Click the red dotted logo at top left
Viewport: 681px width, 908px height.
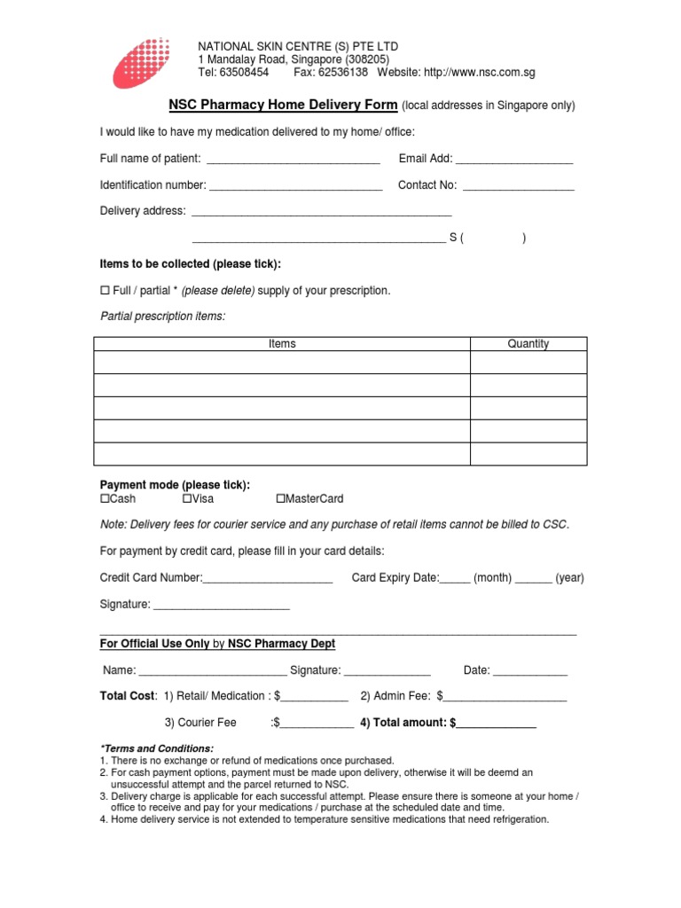tap(141, 62)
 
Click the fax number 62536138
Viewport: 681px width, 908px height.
tap(342, 73)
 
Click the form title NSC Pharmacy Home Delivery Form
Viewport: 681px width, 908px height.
tap(283, 106)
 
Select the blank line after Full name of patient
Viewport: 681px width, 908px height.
tap(293, 160)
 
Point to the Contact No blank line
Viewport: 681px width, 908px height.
tap(519, 187)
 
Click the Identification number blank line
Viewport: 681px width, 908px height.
tap(296, 187)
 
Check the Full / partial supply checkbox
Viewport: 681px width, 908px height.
tap(104, 291)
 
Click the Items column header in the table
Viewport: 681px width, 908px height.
tap(282, 344)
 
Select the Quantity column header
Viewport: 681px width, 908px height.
tap(528, 344)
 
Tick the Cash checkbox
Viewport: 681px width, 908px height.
tap(104, 499)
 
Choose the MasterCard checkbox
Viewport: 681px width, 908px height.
tap(281, 499)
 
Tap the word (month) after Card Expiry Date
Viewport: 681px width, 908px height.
tap(493, 578)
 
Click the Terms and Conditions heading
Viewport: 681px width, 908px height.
tap(157, 748)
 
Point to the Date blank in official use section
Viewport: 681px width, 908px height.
tap(530, 672)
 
